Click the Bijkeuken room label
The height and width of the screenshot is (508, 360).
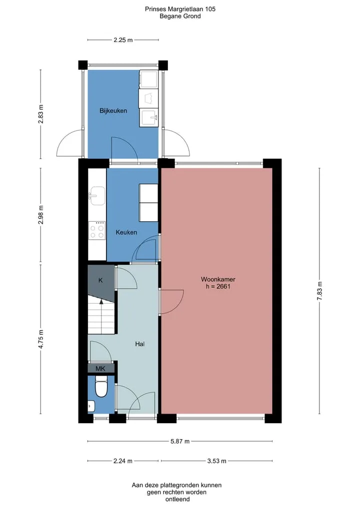click(x=113, y=111)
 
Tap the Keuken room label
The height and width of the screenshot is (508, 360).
click(x=126, y=232)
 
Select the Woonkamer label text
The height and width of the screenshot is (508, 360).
click(x=218, y=279)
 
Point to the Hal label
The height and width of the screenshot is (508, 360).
click(x=140, y=344)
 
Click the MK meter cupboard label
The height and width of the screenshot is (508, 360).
click(x=100, y=369)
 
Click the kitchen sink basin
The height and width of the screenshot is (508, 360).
click(x=97, y=196)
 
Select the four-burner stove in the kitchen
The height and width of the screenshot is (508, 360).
click(x=97, y=230)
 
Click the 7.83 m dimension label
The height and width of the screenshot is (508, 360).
click(x=319, y=291)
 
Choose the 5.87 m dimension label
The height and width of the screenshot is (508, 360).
click(x=180, y=441)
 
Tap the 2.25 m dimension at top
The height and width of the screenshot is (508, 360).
click(x=123, y=40)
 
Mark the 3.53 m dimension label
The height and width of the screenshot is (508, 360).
click(x=216, y=461)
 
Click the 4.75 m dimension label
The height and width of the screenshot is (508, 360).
click(x=40, y=339)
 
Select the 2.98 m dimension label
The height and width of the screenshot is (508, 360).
click(x=40, y=215)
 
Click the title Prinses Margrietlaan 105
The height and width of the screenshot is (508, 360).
click(x=180, y=9)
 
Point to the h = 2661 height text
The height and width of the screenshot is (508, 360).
click(x=218, y=286)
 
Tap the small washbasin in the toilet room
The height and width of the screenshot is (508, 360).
click(x=91, y=406)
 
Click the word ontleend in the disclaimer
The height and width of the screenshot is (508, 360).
click(x=177, y=499)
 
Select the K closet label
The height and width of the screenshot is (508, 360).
click(x=100, y=280)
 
